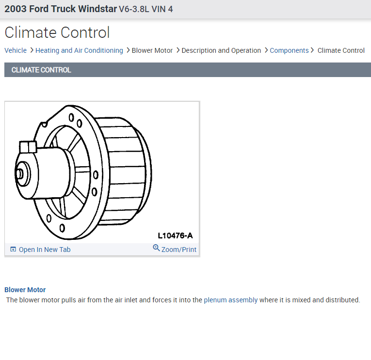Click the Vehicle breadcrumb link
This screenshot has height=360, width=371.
(16, 50)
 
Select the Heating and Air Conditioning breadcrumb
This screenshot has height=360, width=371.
(79, 50)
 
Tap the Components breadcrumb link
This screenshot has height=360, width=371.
(289, 50)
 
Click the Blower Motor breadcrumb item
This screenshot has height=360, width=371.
(152, 50)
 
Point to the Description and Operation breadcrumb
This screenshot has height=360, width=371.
(221, 50)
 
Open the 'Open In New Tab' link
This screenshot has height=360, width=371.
(45, 250)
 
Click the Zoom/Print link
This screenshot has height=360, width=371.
(179, 250)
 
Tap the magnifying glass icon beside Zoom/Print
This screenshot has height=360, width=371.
(156, 248)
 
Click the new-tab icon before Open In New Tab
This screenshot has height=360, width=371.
(13, 249)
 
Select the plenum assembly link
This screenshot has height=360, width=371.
(231, 300)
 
